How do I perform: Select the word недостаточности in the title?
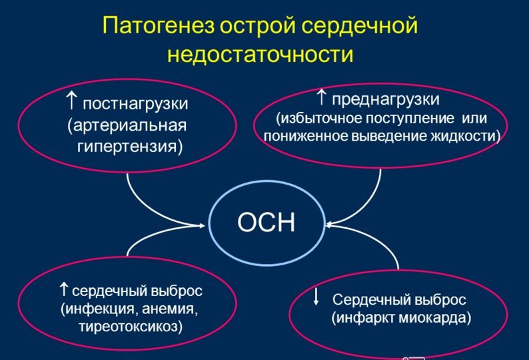[260, 54]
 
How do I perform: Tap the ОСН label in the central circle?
[266, 222]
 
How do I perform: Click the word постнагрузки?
[135, 104]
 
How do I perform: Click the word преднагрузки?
[386, 99]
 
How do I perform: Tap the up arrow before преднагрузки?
[321, 98]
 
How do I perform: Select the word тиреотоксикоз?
[130, 327]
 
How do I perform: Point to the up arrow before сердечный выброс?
[63, 289]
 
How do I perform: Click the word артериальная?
[127, 125]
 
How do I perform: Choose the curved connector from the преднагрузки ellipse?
[370, 203]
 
